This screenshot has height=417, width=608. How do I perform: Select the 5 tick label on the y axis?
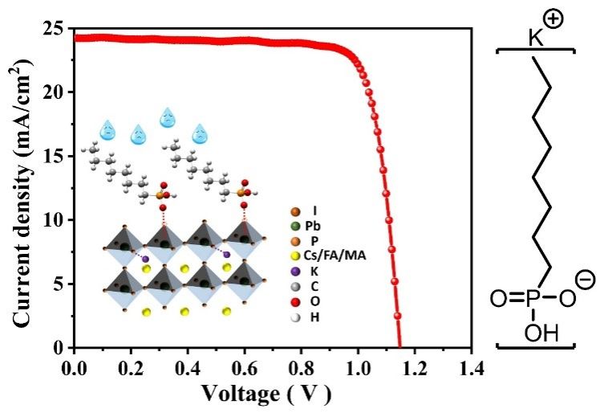point(59,283)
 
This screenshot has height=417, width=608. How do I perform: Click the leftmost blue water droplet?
point(107,129)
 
